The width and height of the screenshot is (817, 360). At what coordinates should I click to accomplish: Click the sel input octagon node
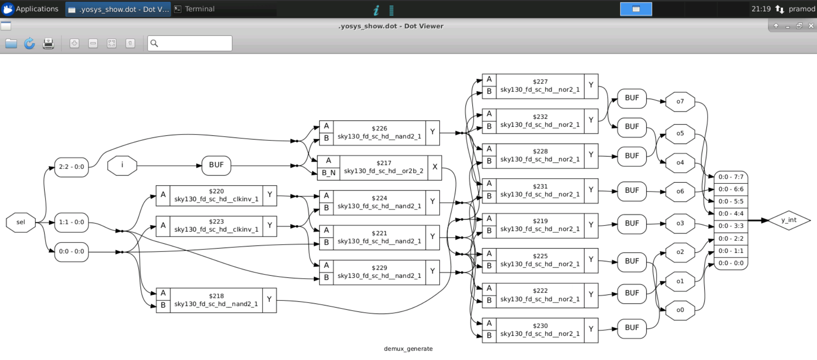tap(20, 222)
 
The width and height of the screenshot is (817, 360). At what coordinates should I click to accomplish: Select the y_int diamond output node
tap(788, 220)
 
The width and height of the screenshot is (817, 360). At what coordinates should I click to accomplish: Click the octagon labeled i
tap(122, 165)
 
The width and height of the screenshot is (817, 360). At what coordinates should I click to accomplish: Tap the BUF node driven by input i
tap(216, 165)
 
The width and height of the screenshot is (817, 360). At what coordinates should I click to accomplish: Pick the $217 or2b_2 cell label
tap(383, 167)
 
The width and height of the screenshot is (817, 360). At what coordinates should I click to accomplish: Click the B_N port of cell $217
tap(329, 173)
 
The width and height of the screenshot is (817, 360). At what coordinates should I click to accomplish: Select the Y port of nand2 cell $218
tap(269, 300)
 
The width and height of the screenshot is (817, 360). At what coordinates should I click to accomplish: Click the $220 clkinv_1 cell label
tap(216, 195)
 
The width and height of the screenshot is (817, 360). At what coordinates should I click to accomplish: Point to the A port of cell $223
tap(163, 225)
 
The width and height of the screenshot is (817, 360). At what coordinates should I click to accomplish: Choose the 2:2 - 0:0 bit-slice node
tap(71, 167)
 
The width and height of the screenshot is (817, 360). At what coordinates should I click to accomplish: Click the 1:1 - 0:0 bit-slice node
tap(71, 222)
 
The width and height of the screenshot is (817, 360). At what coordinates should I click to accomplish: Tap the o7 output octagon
tap(680, 101)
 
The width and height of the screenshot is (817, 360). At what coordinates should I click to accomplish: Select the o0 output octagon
tap(680, 310)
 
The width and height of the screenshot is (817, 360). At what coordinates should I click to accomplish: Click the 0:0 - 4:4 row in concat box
tap(731, 214)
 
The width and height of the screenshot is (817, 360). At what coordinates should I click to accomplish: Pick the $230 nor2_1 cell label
tap(540, 330)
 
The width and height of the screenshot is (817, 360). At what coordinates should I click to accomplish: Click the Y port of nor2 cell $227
tap(591, 86)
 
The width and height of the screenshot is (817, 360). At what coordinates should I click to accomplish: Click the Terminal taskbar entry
tap(200, 9)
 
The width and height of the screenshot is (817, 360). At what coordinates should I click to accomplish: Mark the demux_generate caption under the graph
tap(408, 349)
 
